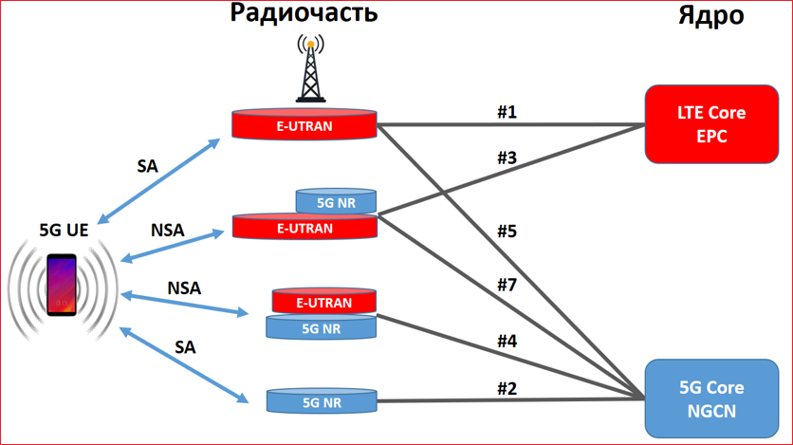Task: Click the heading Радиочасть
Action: point(304,14)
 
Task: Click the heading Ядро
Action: point(710,15)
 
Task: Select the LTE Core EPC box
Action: point(710,123)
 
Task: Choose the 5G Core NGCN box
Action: point(710,399)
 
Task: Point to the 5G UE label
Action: point(64,230)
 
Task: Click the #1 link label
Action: point(507,112)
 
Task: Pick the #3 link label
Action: point(507,158)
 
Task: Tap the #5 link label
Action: point(507,230)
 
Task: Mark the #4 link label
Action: point(507,339)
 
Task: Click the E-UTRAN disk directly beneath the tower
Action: point(304,124)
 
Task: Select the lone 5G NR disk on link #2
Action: point(322,401)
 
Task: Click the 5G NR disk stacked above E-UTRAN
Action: point(337,201)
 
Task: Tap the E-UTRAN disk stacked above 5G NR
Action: point(323,303)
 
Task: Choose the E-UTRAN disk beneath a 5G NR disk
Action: point(304,228)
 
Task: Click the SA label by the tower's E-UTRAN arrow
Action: point(147,165)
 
